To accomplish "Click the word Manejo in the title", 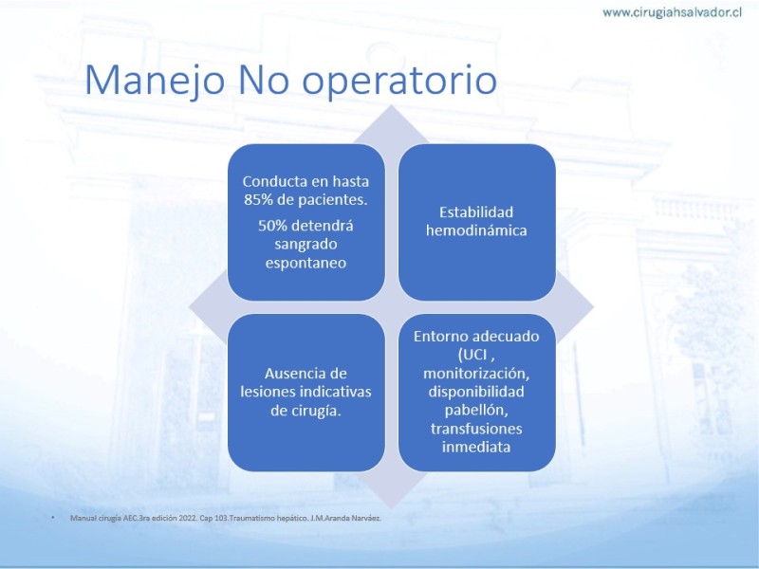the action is pos(155,80).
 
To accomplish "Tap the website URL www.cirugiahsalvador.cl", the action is pos(672,12).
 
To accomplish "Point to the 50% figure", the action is pos(273,226).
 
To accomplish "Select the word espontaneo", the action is pos(305,264).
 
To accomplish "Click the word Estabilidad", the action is pos(476,211).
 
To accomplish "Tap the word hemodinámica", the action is pos(476,230).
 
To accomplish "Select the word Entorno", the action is pos(441,337).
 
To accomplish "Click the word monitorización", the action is pos(476,374).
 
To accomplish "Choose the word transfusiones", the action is pos(476,429).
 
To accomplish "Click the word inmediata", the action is pos(476,447).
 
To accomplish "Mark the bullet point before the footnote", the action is pos(53,518).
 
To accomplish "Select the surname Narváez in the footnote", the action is pos(367,518).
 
